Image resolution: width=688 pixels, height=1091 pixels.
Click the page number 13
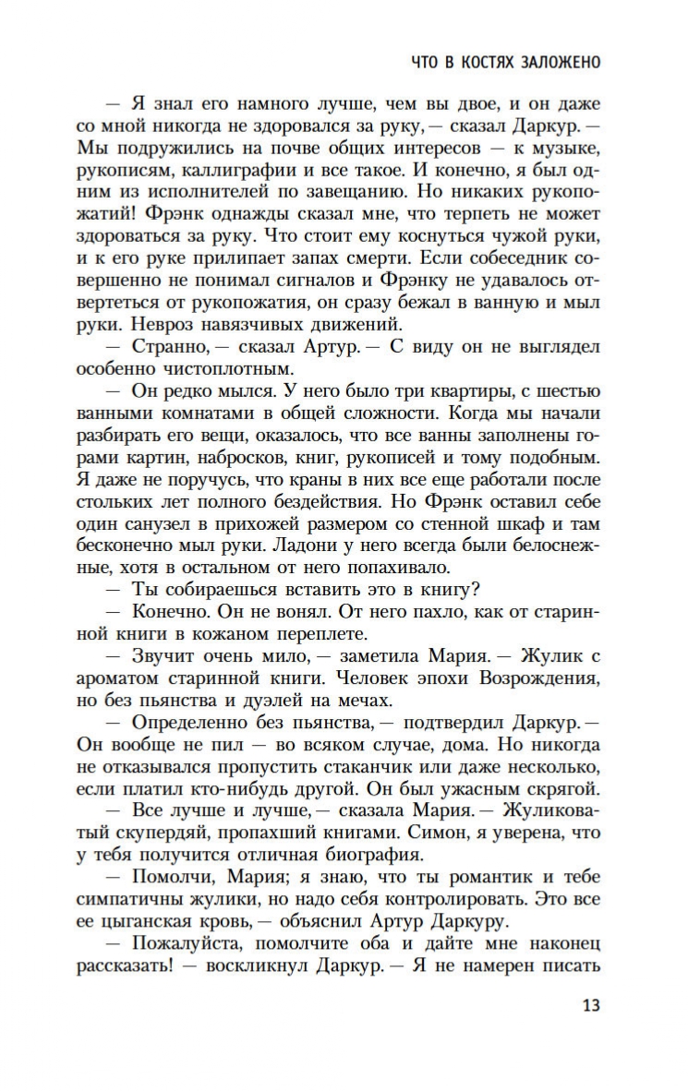(x=591, y=1005)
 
